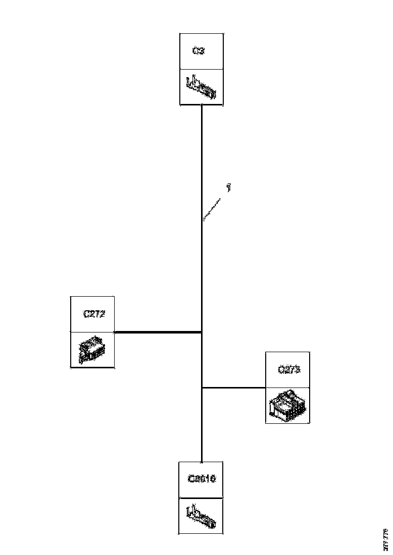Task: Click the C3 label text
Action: (199, 51)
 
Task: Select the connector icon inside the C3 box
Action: (201, 87)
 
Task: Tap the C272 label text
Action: (93, 313)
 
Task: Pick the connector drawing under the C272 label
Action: (92, 350)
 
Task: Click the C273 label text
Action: (289, 369)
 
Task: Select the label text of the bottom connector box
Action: (202, 478)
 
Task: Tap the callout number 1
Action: (229, 188)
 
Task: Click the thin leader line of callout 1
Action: (213, 209)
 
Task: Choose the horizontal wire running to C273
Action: (233, 387)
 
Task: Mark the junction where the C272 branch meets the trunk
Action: (202, 332)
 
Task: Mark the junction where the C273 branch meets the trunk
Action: (202, 387)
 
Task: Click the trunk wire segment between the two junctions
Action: (202, 360)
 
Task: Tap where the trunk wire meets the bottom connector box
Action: (202, 461)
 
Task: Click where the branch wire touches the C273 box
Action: (265, 387)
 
